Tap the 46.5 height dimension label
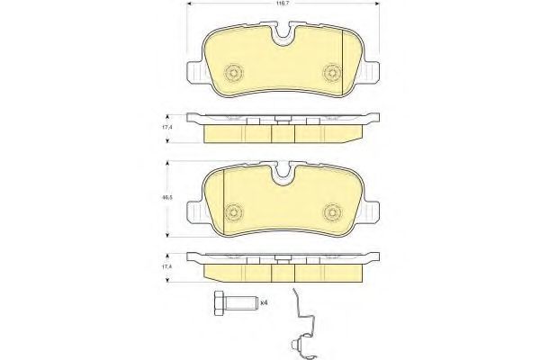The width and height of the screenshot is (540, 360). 167,198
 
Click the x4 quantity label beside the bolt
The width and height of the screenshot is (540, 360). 264,302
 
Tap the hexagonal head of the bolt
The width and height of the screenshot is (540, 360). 219,303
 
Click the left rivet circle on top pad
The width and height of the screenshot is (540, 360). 234,73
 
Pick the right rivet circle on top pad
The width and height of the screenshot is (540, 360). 332,73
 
